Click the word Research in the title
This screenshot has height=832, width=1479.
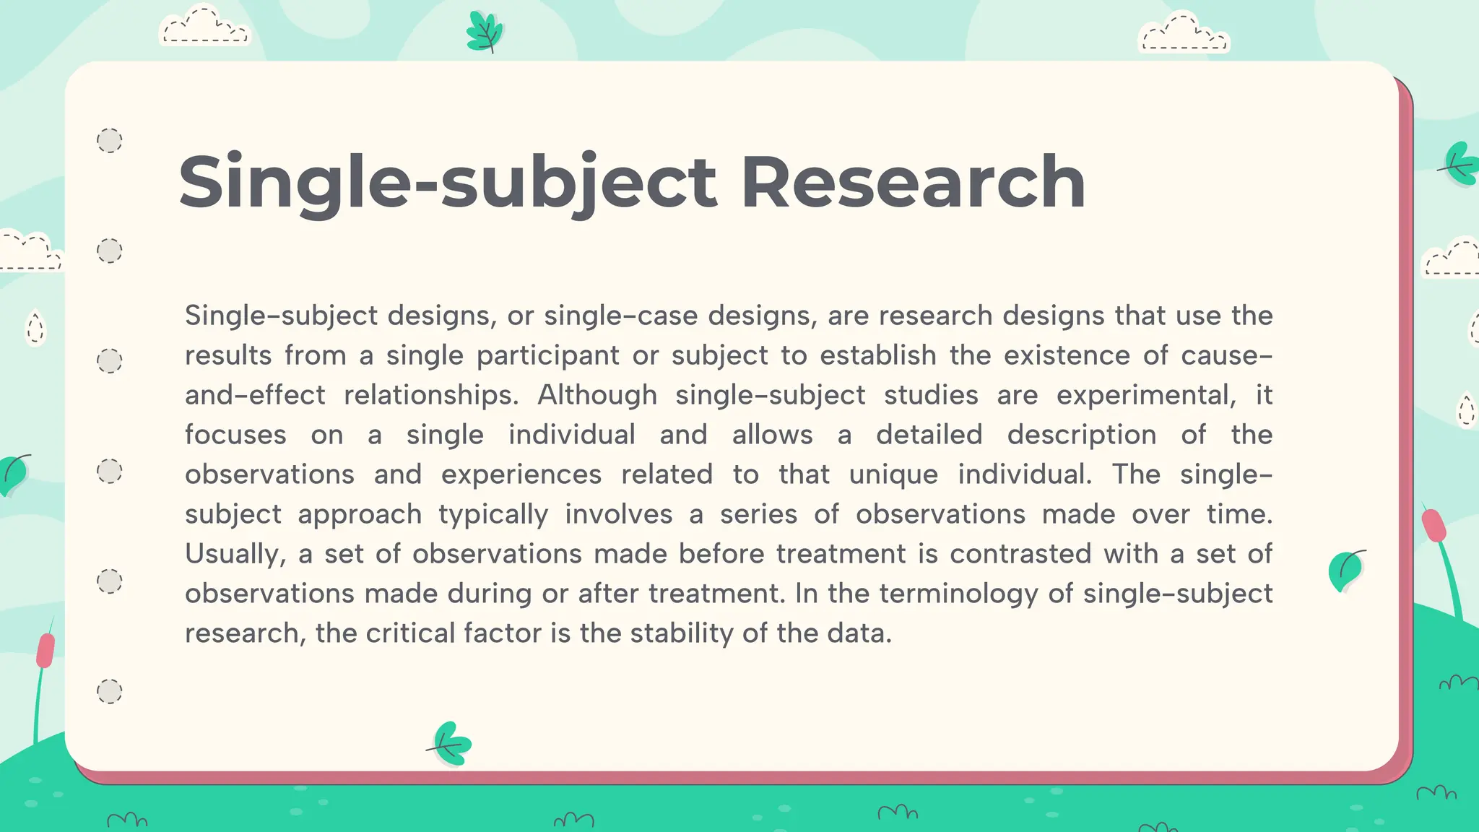point(913,182)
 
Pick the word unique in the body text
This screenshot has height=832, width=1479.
point(893,474)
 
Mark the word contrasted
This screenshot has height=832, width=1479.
point(1020,554)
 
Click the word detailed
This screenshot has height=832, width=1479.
point(929,435)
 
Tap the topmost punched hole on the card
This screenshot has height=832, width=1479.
point(110,140)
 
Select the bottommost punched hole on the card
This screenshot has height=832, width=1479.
point(110,691)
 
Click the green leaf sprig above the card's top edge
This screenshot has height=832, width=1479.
point(485,32)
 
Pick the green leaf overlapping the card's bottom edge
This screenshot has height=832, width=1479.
point(452,743)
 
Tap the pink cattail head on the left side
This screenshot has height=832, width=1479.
point(45,650)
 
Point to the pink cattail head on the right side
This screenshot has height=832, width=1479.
point(1434,524)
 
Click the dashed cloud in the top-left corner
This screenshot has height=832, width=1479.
point(204,27)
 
